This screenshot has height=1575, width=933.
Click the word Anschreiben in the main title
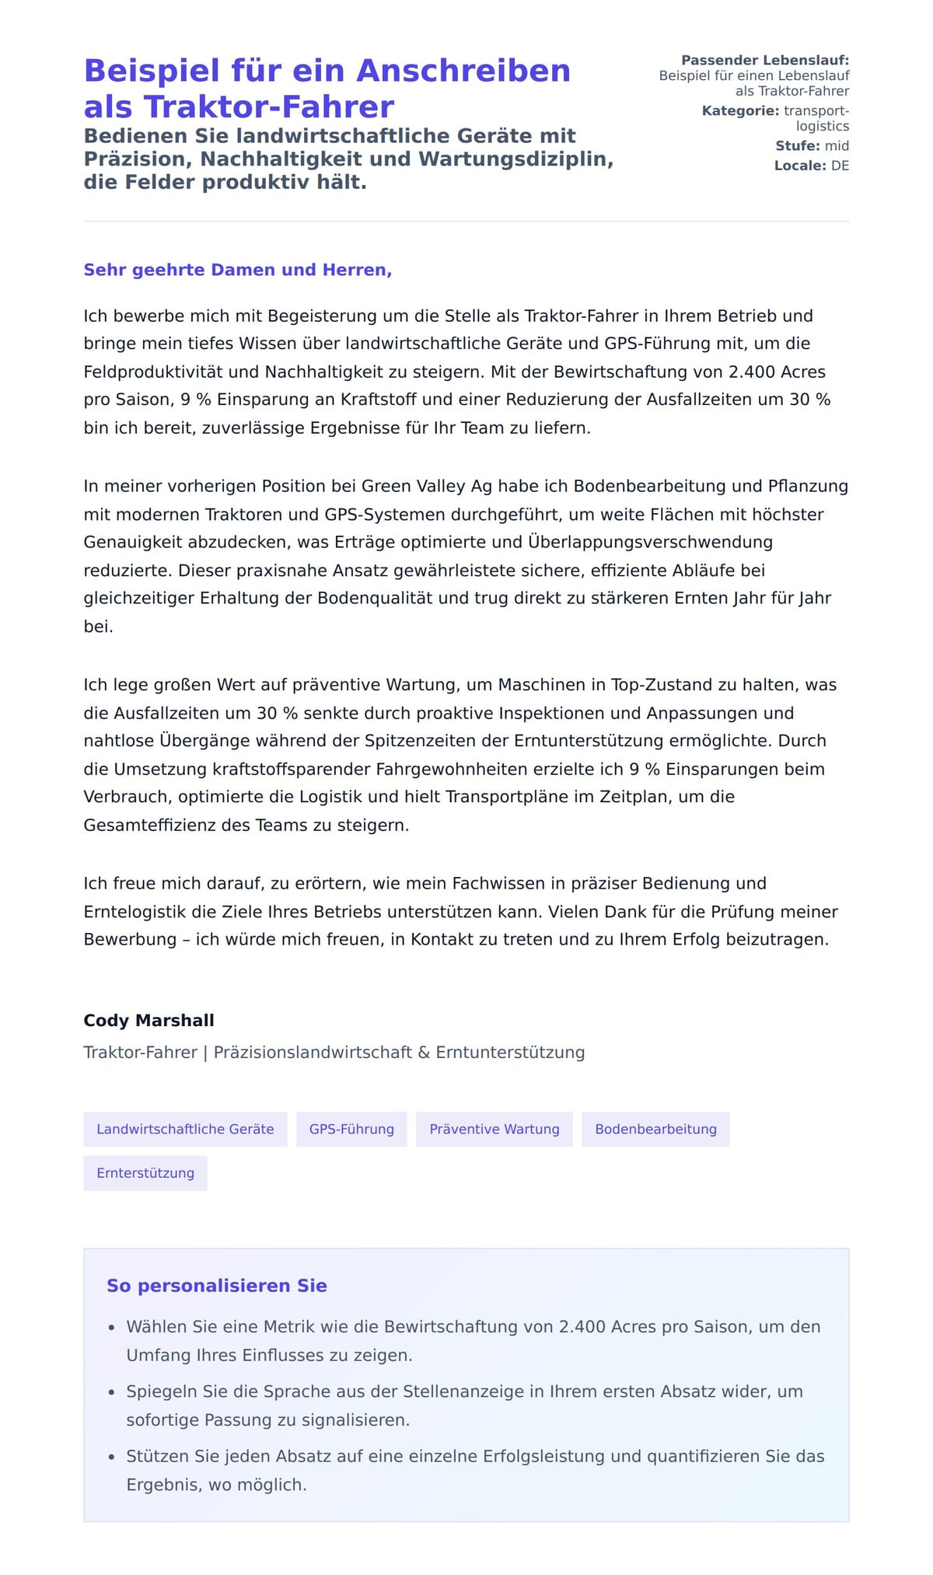tap(463, 71)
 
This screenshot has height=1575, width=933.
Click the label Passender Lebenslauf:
tap(765, 61)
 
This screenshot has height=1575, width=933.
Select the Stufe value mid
tap(837, 146)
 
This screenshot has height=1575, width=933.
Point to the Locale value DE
tap(840, 166)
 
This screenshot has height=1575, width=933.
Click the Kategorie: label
tap(740, 111)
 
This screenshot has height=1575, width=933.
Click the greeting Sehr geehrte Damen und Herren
tap(237, 270)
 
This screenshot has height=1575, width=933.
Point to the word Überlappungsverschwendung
tap(650, 542)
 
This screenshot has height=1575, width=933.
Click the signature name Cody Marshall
tap(149, 1021)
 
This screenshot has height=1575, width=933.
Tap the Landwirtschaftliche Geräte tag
tap(185, 1130)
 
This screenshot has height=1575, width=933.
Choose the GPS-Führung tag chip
tap(351, 1130)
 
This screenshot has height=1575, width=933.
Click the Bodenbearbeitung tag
tap(655, 1130)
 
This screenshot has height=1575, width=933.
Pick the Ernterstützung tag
tap(145, 1173)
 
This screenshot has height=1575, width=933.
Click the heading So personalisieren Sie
tap(217, 1286)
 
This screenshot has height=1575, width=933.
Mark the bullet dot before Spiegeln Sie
tap(111, 1393)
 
